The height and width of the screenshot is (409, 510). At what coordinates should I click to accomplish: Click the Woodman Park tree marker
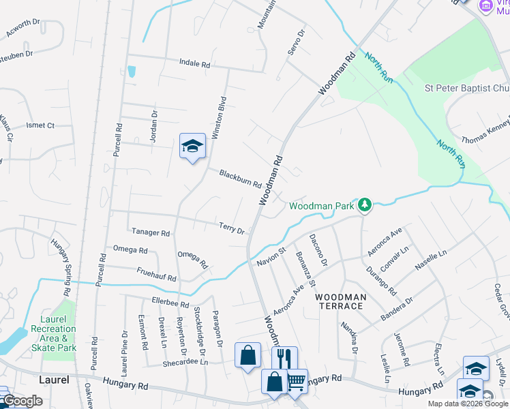[365, 204]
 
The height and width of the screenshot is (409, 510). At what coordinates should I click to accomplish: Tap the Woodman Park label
[322, 205]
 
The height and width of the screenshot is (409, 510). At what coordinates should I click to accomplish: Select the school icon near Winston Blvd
[192, 146]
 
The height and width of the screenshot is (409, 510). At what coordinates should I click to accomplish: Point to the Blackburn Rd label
[240, 179]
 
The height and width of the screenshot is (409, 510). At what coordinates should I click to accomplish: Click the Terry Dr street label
[232, 228]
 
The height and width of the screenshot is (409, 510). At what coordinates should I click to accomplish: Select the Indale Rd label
[194, 63]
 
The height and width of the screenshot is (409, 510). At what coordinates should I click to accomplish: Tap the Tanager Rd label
[151, 232]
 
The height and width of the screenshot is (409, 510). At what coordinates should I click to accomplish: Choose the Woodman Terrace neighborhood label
[341, 301]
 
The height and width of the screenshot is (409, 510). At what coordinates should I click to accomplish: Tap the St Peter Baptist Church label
[466, 89]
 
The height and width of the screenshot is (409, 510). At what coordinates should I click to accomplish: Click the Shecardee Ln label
[185, 362]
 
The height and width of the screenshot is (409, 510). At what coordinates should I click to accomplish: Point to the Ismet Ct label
[40, 125]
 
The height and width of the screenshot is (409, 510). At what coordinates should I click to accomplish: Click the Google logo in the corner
[22, 401]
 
